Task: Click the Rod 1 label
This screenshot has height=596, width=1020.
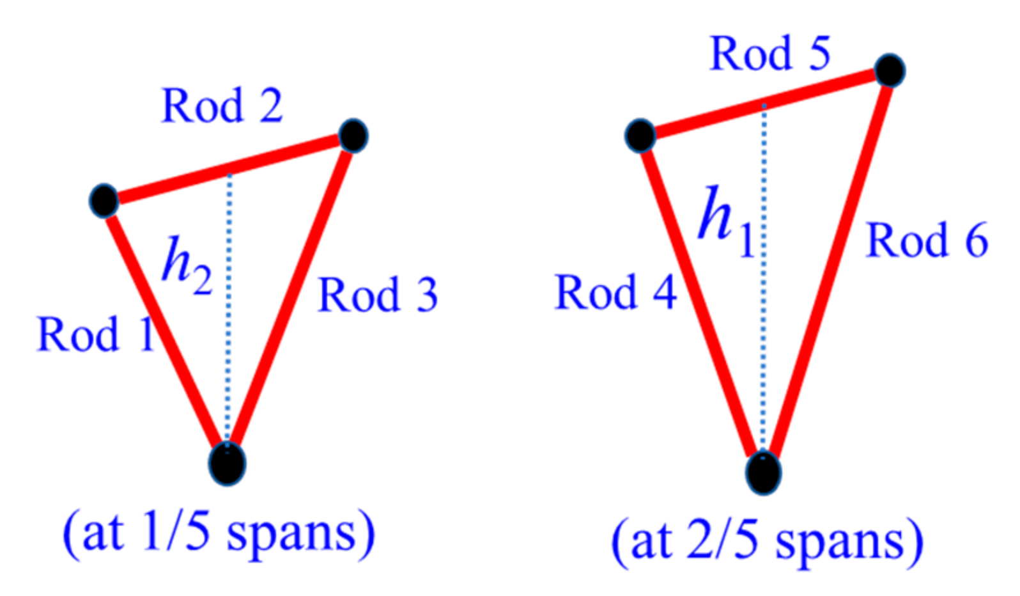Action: point(96,334)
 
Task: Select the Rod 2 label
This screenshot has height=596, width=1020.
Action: point(222,106)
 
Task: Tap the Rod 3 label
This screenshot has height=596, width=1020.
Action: point(378,295)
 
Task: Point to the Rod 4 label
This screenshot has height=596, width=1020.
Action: point(615,292)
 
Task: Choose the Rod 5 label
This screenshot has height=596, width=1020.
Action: point(770,53)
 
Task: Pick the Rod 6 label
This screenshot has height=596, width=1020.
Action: point(927,240)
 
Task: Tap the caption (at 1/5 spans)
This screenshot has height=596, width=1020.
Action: point(219,533)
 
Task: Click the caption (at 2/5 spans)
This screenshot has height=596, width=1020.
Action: point(767,540)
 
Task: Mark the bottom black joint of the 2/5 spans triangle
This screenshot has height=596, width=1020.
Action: point(763,473)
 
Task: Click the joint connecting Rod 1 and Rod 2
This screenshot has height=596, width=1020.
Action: point(104,200)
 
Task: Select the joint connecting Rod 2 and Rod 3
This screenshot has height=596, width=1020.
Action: point(353,136)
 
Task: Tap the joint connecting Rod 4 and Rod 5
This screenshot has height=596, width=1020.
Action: point(640,135)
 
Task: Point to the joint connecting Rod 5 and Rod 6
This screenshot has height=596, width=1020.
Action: point(890,70)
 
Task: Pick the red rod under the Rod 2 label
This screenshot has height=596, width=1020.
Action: point(230,169)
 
